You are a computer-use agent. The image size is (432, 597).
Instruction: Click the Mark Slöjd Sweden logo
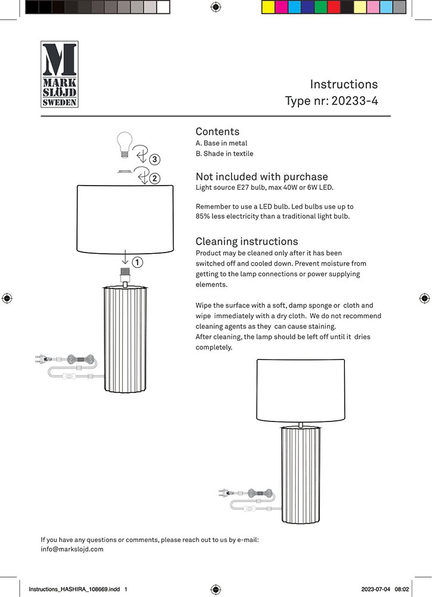(x=59, y=74)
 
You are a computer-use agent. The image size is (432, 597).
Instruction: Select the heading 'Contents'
(x=217, y=131)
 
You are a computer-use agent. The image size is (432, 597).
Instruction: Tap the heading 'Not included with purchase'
(x=261, y=177)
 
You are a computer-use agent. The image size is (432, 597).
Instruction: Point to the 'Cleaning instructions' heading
(x=246, y=241)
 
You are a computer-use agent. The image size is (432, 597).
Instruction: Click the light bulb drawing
(x=124, y=144)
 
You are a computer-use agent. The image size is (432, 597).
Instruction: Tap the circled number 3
(x=155, y=159)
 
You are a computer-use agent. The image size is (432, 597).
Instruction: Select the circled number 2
(x=155, y=178)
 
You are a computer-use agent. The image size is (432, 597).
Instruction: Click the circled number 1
(x=137, y=262)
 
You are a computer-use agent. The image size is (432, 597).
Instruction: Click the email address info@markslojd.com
(x=72, y=549)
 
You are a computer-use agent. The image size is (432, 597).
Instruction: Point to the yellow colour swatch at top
(x=269, y=7)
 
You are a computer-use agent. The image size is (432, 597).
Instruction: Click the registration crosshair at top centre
(x=216, y=7)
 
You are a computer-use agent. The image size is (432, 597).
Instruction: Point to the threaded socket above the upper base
(x=125, y=276)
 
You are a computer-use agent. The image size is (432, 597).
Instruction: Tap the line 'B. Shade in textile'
(x=224, y=153)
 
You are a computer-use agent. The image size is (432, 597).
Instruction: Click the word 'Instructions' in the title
(x=344, y=84)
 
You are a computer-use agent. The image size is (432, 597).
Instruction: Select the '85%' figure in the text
(x=204, y=216)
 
